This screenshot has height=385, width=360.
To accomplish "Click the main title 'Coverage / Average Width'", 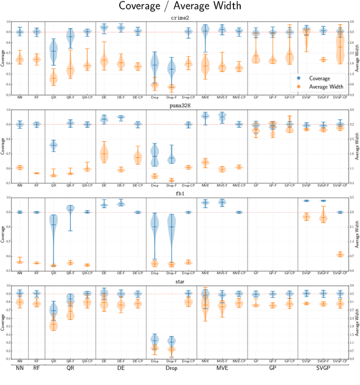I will pos(179,7).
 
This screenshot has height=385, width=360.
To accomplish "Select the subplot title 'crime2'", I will pos(179,18).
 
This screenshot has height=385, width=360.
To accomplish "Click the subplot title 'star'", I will pos(179,281).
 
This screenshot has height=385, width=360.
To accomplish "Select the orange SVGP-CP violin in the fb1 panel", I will pos(340,254).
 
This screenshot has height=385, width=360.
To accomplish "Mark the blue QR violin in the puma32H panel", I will pos(53,145).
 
